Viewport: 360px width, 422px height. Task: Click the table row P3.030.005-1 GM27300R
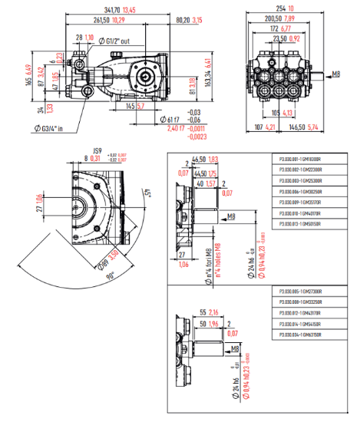click(x=299, y=292)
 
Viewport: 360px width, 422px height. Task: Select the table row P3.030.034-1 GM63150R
click(x=299, y=335)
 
